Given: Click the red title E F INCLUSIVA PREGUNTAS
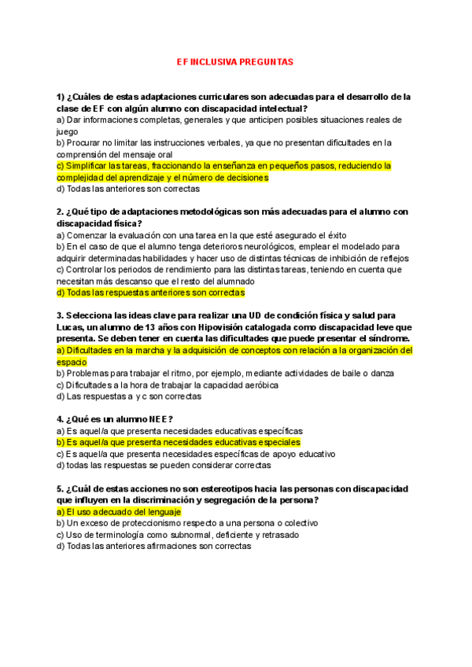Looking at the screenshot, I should tap(235, 60).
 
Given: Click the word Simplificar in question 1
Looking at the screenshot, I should tap(90, 166).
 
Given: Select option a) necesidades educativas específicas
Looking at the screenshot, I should tap(179, 431).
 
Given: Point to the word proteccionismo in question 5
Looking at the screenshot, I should tap(154, 523).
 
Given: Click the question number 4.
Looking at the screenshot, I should tap(61, 419).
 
